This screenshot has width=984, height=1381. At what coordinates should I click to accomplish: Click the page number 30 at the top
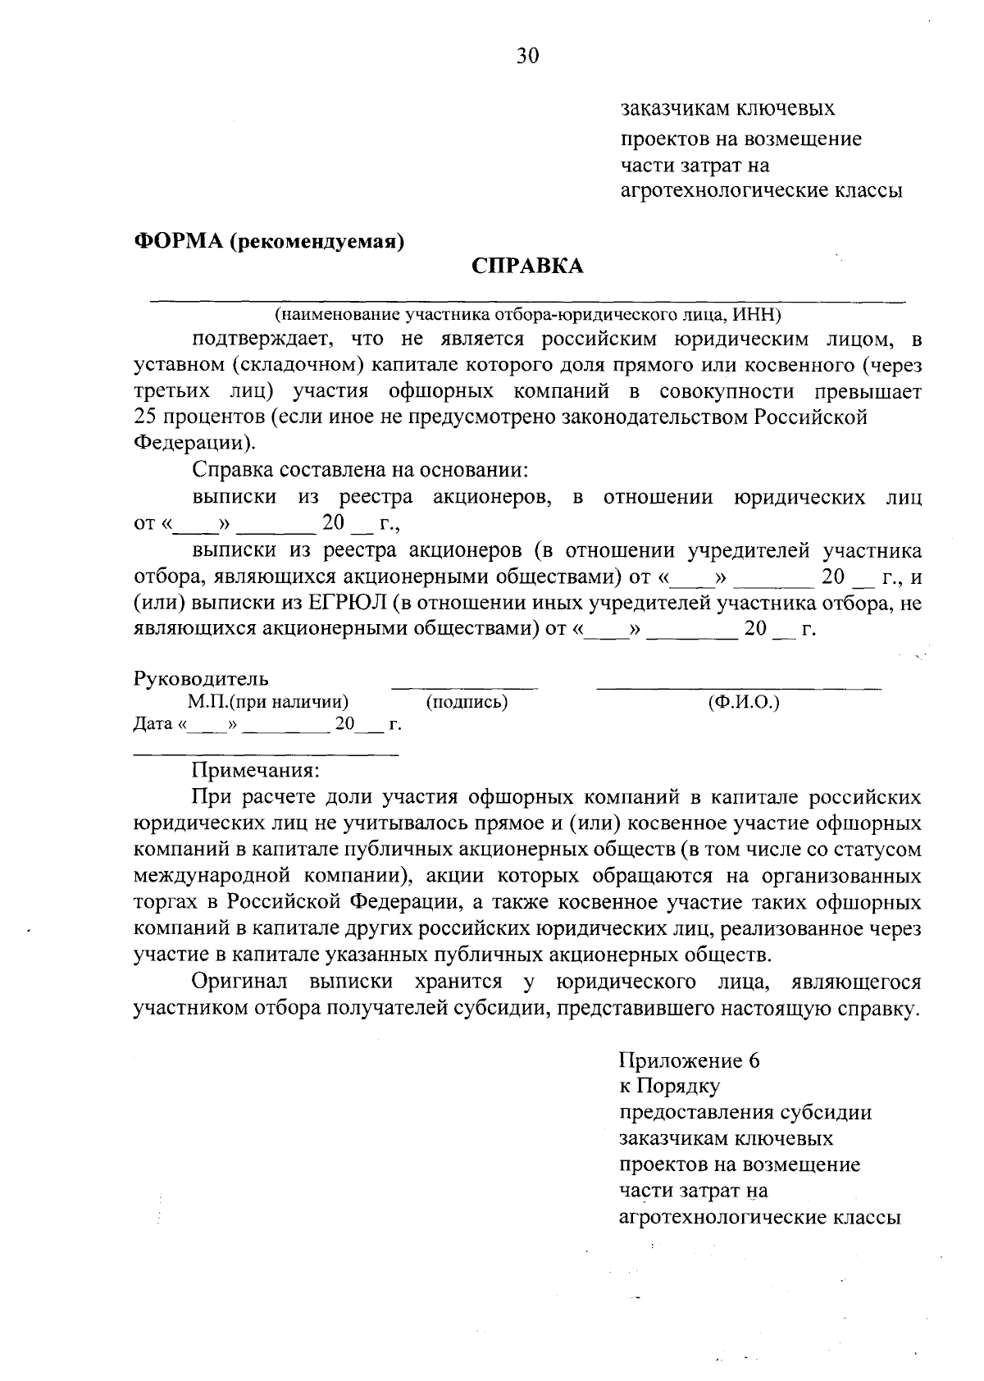(528, 56)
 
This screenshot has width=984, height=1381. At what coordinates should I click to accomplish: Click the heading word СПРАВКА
(527, 267)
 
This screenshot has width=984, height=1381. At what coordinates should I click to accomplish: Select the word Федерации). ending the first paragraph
(194, 444)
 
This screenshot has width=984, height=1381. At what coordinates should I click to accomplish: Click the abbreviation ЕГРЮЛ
(345, 604)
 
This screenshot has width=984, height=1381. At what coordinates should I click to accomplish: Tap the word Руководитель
(200, 679)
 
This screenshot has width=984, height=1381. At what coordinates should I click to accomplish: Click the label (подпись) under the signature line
(467, 702)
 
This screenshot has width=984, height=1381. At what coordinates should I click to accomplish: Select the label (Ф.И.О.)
(743, 702)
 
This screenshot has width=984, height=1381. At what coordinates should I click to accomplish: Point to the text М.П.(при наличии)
(267, 702)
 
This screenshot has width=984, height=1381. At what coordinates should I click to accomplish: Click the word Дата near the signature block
(153, 725)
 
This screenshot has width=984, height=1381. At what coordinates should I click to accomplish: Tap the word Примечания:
(255, 771)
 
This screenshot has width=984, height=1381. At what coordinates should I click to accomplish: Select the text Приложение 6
(690, 1061)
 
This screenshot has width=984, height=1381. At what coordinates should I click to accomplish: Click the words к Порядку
(669, 1087)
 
